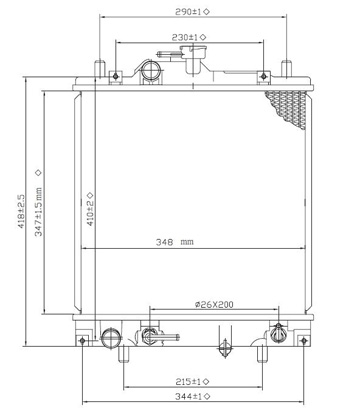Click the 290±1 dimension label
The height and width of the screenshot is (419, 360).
pos(189,12)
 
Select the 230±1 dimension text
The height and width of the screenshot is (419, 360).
pos(185,37)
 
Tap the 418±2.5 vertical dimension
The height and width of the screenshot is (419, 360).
pos(21,211)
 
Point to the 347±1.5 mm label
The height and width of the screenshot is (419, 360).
pos(39,212)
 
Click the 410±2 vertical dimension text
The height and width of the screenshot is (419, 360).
pos(90,213)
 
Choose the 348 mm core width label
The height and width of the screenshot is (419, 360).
pos(175,242)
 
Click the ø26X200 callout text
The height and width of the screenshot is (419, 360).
pos(214,304)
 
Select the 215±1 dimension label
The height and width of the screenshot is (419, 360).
pos(189,381)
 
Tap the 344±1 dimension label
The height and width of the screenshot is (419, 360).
pos(189,397)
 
